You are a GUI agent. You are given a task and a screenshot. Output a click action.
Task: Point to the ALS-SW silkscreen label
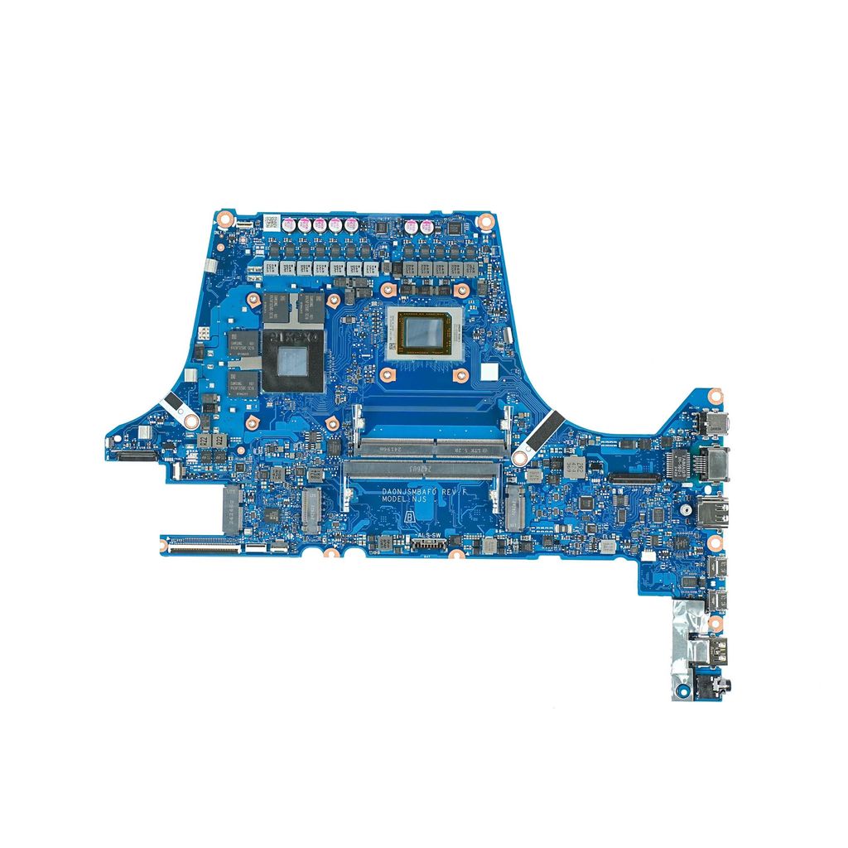coord(430,535)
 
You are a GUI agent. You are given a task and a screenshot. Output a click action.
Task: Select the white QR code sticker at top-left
coord(271,221)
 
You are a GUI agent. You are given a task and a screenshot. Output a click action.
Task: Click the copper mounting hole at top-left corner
coord(223,218)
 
